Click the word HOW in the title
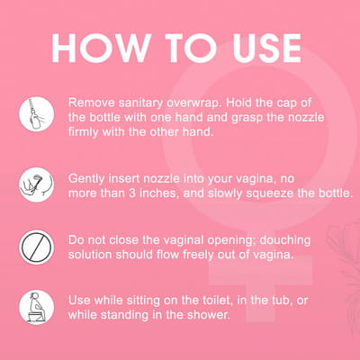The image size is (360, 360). [101, 48]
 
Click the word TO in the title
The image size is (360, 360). [192, 48]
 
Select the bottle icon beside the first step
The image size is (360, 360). [37, 114]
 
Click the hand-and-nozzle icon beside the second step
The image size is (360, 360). [37, 184]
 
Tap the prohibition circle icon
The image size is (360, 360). [37, 247]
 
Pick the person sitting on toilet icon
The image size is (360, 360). [37, 307]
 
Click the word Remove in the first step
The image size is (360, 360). [92, 103]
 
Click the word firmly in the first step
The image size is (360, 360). [84, 132]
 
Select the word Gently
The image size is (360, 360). [86, 179]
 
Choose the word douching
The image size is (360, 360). [285, 240]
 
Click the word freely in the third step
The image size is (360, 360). [198, 255]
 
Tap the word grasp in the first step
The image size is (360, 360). [247, 118]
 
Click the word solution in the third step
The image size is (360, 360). [90, 255]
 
